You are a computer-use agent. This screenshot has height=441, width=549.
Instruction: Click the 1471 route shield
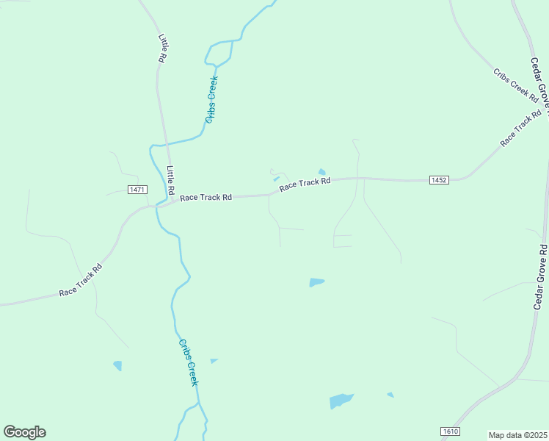137,190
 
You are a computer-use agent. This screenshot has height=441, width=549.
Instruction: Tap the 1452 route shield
439,179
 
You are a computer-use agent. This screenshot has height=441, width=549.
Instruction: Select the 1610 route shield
451,431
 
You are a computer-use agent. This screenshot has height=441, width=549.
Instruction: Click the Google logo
24,432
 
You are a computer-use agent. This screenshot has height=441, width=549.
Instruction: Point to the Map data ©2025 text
518,435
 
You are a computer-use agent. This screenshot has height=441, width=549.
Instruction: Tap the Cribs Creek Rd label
515,85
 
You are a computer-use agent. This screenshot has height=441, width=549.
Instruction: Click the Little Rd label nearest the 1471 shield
170,180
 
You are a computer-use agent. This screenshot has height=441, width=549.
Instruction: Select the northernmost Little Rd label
164,47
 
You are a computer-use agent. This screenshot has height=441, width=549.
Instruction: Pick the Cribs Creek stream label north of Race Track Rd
211,99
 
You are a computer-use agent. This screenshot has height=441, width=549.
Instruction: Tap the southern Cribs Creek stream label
189,362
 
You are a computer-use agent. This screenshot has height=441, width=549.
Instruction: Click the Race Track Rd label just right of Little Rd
206,197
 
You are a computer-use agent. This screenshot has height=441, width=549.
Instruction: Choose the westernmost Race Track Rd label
80,281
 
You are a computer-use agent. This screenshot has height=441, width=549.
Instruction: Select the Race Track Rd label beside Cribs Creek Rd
520,129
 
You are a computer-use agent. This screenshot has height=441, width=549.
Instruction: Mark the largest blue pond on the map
341,401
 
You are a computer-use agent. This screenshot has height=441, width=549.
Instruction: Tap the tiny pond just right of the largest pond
390,395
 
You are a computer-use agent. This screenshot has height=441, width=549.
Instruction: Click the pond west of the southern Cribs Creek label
117,365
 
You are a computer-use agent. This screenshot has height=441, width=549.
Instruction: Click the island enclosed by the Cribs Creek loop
219,51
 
